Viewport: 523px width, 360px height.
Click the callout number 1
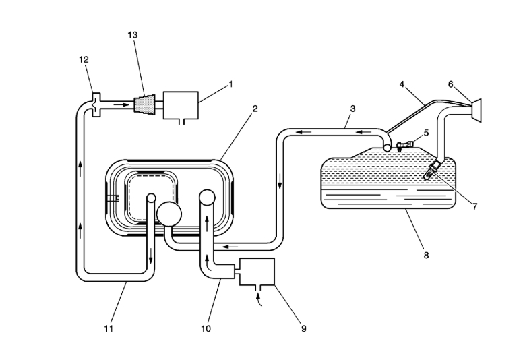tap(230, 84)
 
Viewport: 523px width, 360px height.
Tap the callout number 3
tap(352, 108)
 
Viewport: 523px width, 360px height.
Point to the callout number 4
tap(402, 85)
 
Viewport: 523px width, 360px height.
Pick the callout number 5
tap(426, 133)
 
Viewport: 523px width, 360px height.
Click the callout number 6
tap(451, 84)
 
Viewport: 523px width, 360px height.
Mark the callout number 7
tap(474, 206)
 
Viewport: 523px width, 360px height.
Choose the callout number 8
tap(426, 255)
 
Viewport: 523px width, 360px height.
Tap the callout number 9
tap(303, 328)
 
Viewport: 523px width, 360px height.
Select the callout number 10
tap(206, 328)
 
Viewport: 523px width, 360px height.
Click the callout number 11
tap(108, 328)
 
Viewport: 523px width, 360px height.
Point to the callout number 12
tap(84, 60)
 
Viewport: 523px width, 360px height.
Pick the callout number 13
tap(133, 34)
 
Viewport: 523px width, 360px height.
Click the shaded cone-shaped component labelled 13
tap(145, 105)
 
